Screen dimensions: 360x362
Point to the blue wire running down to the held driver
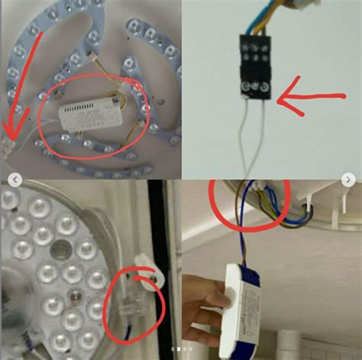coord(242,237)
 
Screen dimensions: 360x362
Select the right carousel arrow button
coord(348,180)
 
